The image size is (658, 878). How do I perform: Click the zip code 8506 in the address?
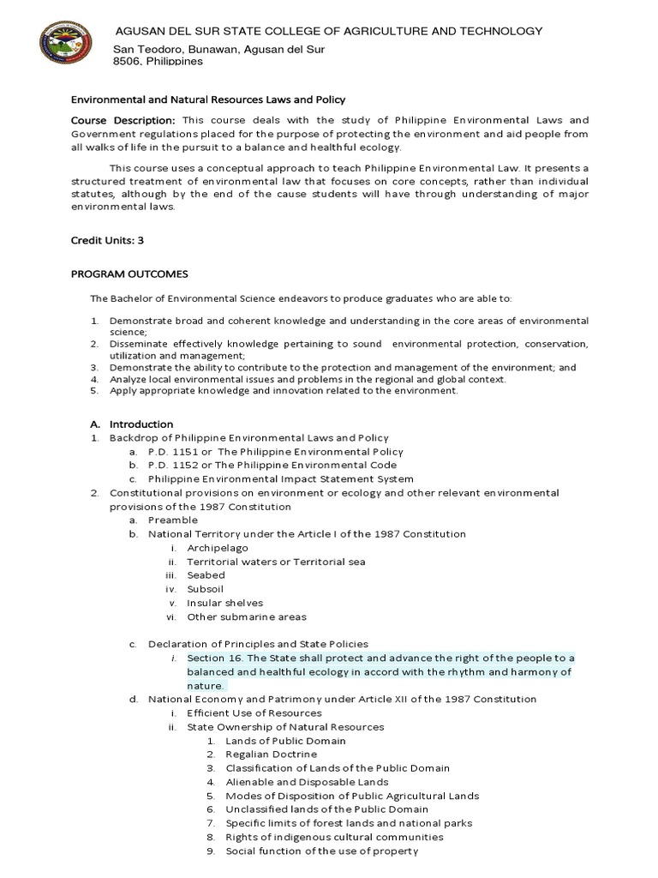(x=128, y=62)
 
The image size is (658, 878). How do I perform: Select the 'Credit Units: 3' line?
(x=106, y=240)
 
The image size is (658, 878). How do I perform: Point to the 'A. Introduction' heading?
(x=132, y=424)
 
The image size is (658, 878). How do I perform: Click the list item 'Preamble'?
(x=173, y=520)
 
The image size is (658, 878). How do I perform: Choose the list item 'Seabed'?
(x=206, y=574)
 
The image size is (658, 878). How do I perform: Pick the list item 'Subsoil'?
(x=206, y=589)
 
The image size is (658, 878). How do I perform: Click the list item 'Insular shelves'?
(x=225, y=603)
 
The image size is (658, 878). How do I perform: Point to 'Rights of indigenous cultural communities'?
(x=334, y=836)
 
